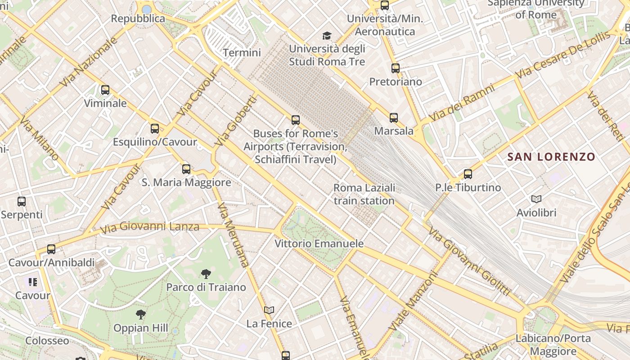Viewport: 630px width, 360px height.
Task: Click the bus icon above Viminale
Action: coord(105,90)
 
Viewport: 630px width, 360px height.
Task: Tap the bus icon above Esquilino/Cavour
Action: coord(155,129)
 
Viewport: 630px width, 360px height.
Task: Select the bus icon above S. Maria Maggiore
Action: coord(186,169)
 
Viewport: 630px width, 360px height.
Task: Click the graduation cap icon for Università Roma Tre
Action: coord(327,36)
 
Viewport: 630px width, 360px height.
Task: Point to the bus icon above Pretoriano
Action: coord(395,68)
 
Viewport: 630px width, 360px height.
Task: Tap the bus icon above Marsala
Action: coord(394,118)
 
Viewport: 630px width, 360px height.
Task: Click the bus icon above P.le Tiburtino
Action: coord(468,174)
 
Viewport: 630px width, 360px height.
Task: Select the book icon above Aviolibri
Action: coord(536,199)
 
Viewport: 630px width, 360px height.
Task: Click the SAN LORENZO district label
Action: coord(551,157)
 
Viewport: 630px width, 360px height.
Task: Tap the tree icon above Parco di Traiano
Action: coord(206,274)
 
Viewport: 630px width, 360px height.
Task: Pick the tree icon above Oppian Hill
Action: coord(141,315)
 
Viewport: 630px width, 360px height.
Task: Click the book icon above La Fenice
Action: coord(269,310)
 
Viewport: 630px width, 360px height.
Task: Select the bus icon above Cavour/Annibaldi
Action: coord(51,249)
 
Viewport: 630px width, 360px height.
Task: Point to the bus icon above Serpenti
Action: coord(21,202)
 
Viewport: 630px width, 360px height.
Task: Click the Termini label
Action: coord(242,53)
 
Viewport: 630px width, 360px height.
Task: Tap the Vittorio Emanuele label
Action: coord(319,244)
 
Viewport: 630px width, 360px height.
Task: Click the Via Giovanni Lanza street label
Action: coord(149,227)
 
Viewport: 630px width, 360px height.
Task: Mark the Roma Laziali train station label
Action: coord(364,194)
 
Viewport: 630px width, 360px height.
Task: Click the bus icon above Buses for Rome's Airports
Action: coord(295,120)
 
